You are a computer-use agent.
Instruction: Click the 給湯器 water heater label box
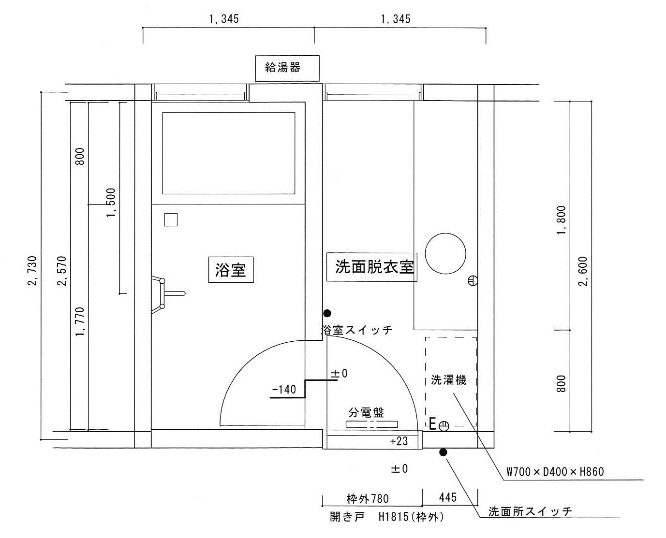pyautogui.click(x=287, y=68)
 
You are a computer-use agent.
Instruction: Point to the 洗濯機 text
pyautogui.click(x=448, y=380)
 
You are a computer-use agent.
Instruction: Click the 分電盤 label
pyautogui.click(x=366, y=413)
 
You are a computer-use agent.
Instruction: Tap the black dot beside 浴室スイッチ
pyautogui.click(x=327, y=313)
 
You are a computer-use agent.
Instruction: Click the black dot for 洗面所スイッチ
pyautogui.click(x=443, y=452)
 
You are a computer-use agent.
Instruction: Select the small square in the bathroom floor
pyautogui.click(x=171, y=219)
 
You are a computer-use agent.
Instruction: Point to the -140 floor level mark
pyautogui.click(x=284, y=390)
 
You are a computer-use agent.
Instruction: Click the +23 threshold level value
pyautogui.click(x=399, y=441)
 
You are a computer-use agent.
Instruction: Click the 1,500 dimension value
pyautogui.click(x=111, y=203)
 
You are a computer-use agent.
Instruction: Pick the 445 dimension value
pyautogui.click(x=448, y=497)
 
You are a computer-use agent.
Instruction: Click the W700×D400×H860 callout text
pyautogui.click(x=555, y=471)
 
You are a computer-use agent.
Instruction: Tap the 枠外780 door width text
pyautogui.click(x=368, y=498)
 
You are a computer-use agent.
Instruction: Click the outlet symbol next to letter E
pyautogui.click(x=444, y=426)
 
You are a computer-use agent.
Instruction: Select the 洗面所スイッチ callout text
pyautogui.click(x=530, y=511)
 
